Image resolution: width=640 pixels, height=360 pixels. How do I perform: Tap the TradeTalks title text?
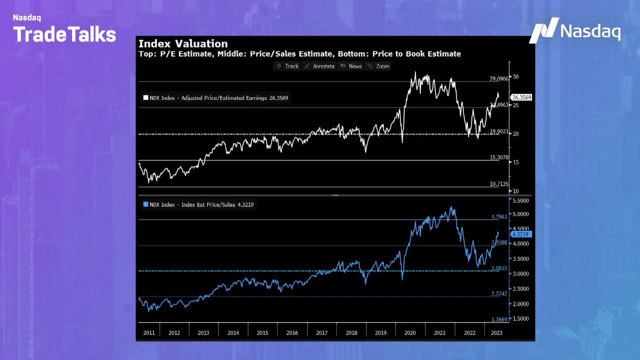coord(64,34)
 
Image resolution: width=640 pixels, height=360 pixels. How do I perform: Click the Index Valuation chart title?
coord(183,44)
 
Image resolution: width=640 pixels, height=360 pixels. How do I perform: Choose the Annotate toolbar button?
coord(319,66)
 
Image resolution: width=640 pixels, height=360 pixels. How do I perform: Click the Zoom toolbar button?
coord(378,66)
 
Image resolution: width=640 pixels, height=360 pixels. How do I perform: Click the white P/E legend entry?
coord(215,98)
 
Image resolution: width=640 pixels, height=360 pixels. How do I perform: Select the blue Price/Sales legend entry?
coord(198,204)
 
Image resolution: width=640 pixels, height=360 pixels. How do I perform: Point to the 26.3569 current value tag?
coord(521,97)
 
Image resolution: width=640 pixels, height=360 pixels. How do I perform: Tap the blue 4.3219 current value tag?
coord(521,234)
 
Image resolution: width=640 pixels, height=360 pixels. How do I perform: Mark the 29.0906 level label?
coord(499,79)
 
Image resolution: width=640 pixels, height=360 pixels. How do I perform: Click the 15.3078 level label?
coord(499,157)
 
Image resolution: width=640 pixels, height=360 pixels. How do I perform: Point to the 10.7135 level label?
coord(499,184)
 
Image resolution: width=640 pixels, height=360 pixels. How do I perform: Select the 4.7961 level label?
coord(499,217)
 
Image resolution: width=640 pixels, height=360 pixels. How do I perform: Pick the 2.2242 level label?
coord(499,293)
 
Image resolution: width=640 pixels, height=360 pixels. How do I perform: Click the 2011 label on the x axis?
coord(149,332)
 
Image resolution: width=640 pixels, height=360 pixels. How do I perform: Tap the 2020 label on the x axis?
coord(410,332)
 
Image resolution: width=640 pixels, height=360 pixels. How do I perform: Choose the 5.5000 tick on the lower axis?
coord(520,200)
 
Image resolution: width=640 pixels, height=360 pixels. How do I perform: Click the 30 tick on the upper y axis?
coord(515,77)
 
